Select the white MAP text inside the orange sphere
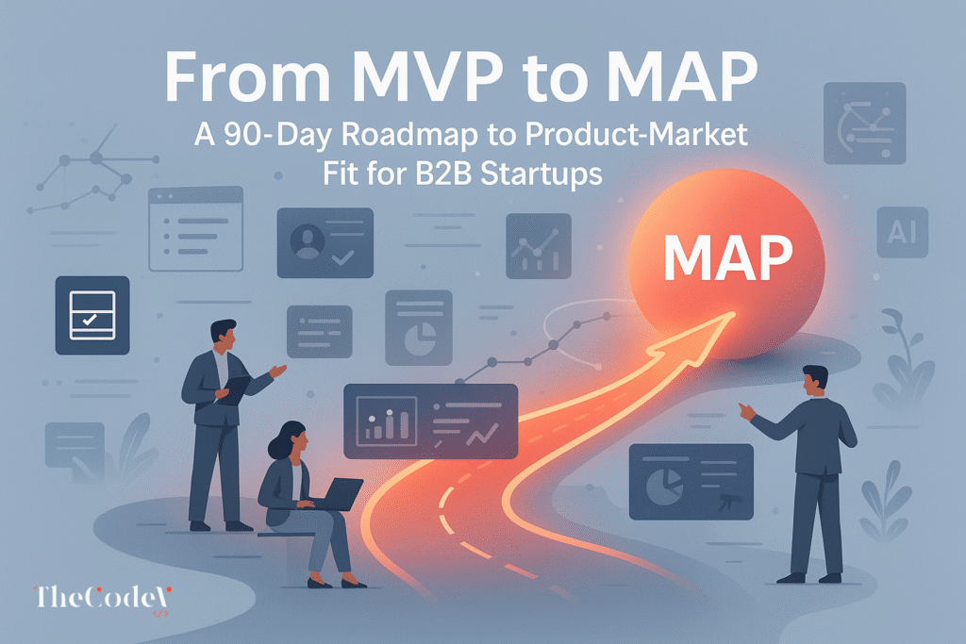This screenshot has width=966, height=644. click(x=725, y=255)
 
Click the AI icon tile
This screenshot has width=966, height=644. click(x=902, y=230)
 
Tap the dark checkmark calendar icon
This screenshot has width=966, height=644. click(x=92, y=315)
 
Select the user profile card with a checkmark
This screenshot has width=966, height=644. click(x=325, y=242)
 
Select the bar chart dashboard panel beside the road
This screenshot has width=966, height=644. click(x=430, y=421)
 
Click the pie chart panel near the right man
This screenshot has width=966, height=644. click(x=691, y=481)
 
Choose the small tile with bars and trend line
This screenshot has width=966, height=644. click(x=538, y=246)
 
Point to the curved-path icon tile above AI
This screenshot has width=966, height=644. click(x=864, y=123)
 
